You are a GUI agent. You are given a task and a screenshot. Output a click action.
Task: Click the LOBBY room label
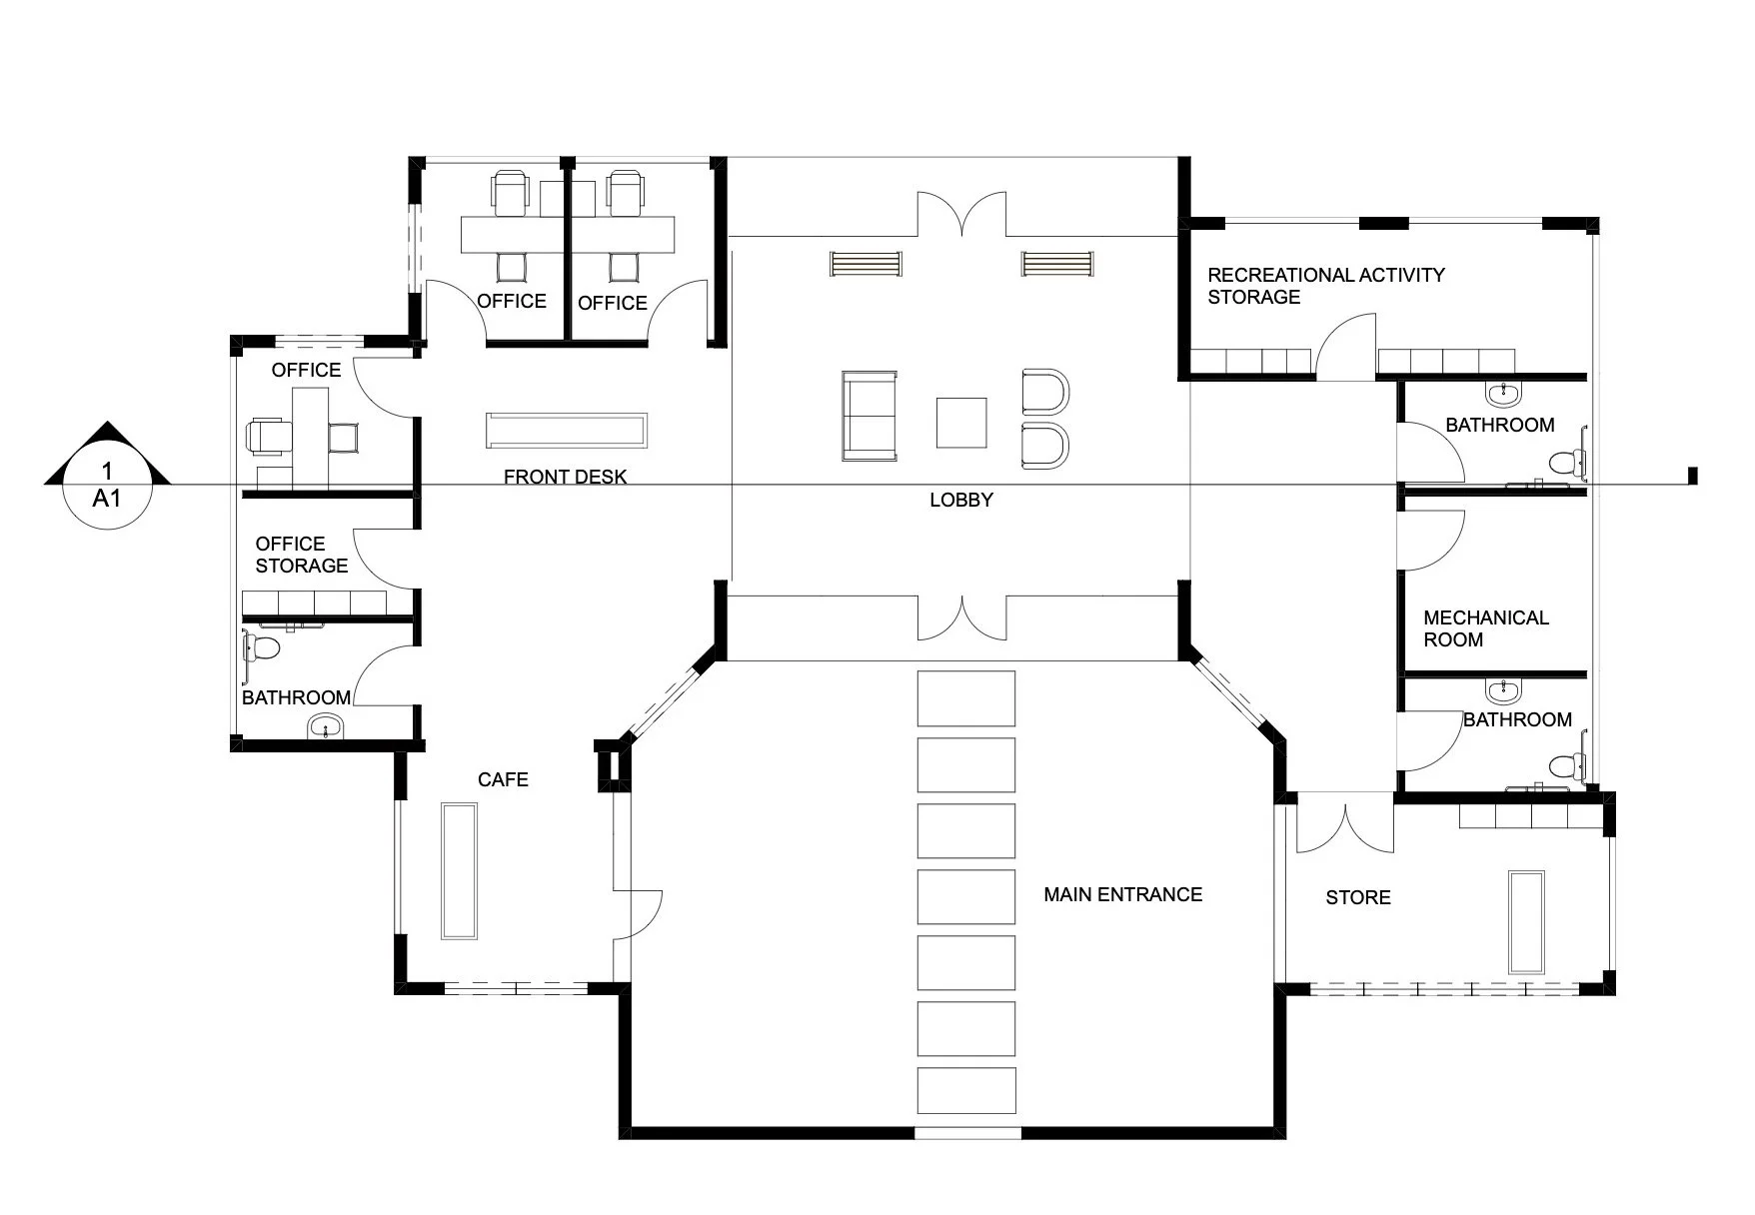click(x=960, y=500)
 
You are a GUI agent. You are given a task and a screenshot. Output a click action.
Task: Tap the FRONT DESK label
click(x=565, y=477)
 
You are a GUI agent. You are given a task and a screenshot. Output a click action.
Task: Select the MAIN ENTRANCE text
click(x=1122, y=894)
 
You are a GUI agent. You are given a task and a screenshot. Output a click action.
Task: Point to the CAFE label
click(x=503, y=779)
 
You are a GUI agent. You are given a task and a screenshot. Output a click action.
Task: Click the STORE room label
click(x=1357, y=897)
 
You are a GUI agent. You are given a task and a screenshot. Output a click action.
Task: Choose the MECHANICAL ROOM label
click(x=1485, y=628)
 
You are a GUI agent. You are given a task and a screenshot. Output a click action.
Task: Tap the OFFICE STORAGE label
click(x=301, y=555)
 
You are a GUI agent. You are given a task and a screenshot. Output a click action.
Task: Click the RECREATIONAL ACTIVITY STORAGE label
click(x=1325, y=285)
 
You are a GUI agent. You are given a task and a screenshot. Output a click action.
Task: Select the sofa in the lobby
click(x=869, y=416)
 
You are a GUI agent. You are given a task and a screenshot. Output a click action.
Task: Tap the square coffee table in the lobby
click(x=960, y=423)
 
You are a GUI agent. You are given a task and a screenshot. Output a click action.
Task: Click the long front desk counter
click(x=567, y=430)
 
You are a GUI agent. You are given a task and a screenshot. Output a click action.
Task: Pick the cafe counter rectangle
click(x=459, y=870)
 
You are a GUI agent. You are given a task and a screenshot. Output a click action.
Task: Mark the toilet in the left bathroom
click(x=262, y=647)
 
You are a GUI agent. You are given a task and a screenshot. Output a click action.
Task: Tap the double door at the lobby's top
click(x=961, y=215)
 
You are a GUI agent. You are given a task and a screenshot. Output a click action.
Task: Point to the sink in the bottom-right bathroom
click(x=1502, y=691)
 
